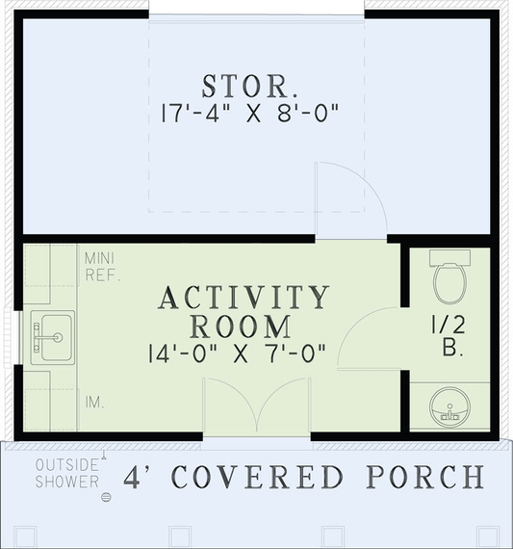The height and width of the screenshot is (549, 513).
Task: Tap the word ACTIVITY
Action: (244, 297)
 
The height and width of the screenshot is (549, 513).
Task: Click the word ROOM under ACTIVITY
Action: (243, 325)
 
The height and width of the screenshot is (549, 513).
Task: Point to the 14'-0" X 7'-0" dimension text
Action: (243, 353)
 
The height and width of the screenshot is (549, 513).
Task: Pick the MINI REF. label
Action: (101, 267)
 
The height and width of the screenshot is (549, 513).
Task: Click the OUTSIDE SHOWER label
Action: (66, 473)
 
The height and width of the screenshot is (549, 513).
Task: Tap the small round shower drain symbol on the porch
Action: (107, 496)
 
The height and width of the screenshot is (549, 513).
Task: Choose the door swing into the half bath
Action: (366, 337)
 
